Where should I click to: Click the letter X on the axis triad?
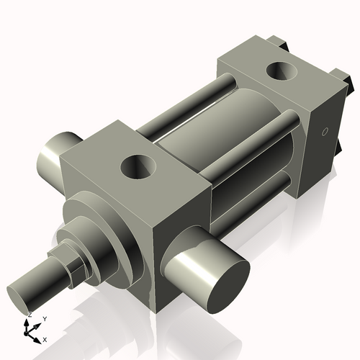point(45,339)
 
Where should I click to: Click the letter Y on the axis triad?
point(44,318)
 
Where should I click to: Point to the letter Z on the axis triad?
point(29,315)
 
